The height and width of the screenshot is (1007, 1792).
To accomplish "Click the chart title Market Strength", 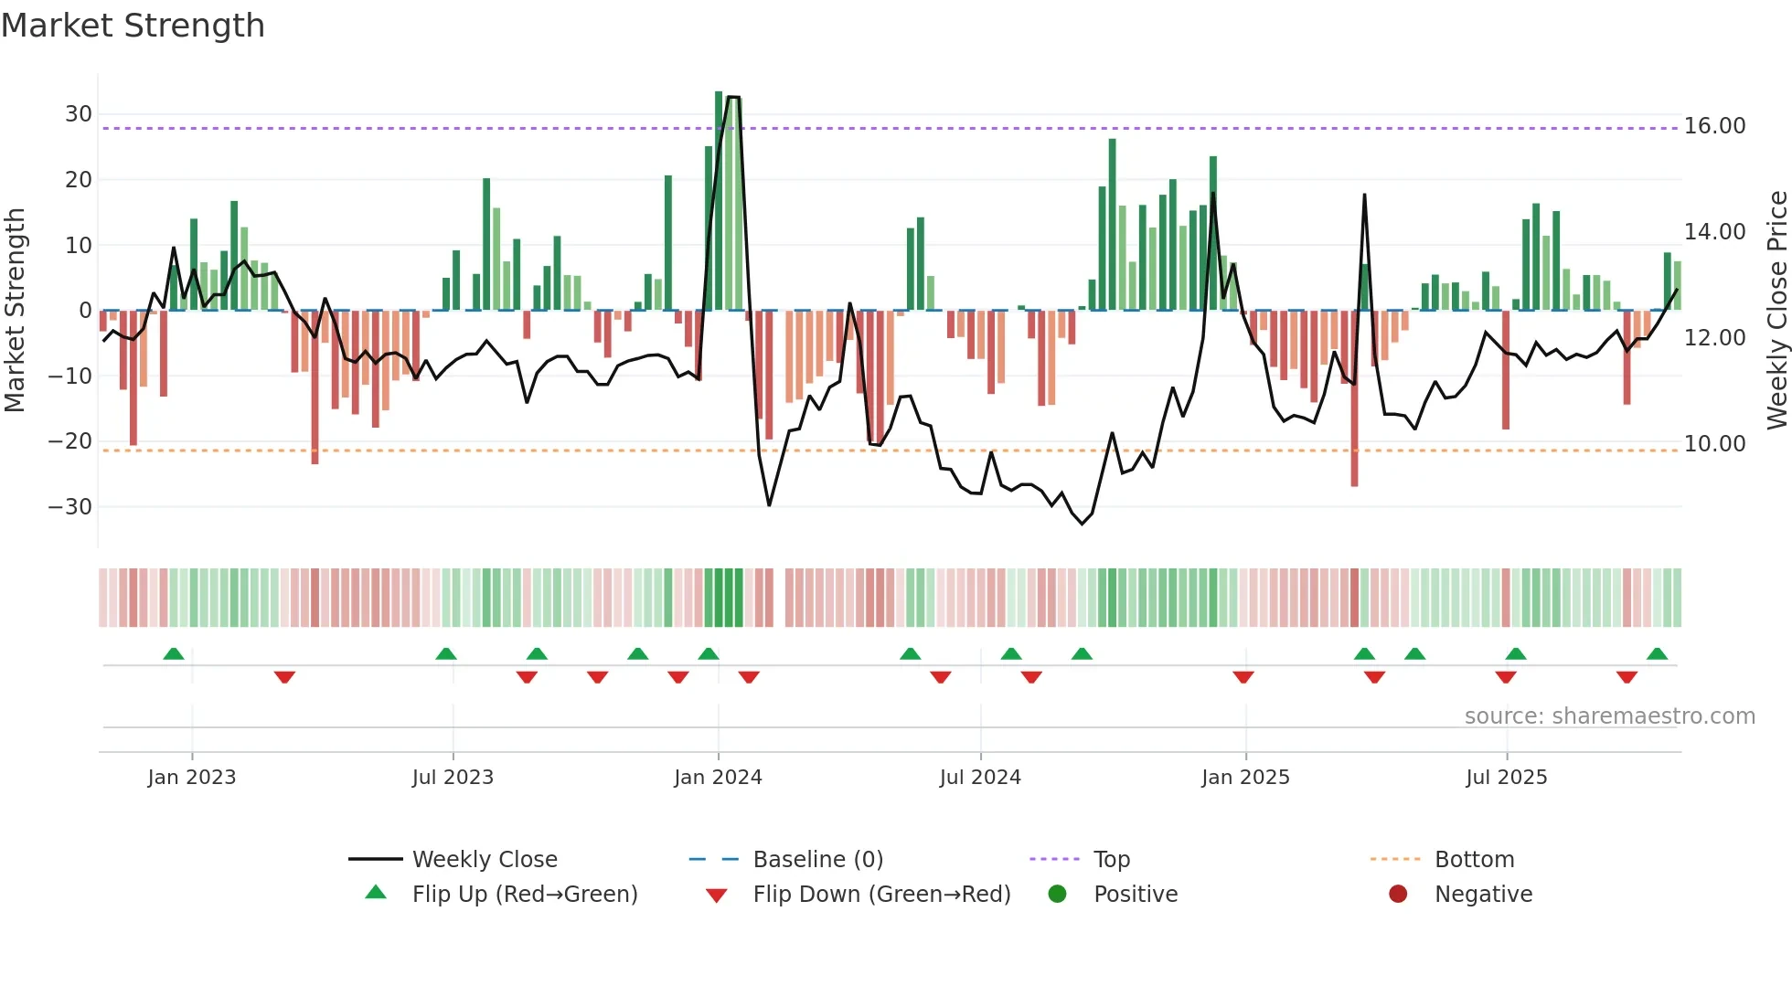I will tap(133, 26).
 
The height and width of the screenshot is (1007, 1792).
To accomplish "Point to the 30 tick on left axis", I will tap(79, 114).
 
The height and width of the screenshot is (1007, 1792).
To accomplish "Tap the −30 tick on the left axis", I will tap(70, 506).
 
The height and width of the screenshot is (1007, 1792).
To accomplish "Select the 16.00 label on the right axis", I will tap(1714, 126).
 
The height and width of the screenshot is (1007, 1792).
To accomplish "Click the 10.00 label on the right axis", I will tap(1714, 444).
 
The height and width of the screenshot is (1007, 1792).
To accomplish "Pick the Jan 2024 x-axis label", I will tap(718, 778).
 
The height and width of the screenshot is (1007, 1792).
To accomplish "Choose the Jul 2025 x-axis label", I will tap(1506, 778).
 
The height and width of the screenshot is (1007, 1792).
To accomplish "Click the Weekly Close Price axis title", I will tap(1776, 311).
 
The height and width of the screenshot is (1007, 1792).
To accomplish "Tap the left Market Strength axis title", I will tap(16, 311).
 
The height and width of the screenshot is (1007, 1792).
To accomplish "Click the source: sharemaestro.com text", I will tap(1609, 716).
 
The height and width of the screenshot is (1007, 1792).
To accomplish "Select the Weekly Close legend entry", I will tap(484, 860).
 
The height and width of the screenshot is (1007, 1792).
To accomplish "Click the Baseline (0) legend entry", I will tap(817, 860).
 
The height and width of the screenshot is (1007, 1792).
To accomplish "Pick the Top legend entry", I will tap(1111, 860).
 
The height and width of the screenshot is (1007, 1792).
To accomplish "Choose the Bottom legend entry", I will tap(1474, 860).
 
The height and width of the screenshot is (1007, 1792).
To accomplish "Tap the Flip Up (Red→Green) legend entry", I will tap(524, 895).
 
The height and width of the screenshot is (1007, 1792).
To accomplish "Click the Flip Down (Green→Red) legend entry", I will tap(881, 895).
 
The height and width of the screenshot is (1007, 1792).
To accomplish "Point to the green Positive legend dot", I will tap(1058, 894).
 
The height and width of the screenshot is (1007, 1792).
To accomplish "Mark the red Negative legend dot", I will tap(1398, 894).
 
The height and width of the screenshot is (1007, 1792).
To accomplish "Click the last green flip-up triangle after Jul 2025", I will tap(1657, 654).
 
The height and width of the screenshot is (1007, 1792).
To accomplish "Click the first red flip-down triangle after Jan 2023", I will tap(284, 677).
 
